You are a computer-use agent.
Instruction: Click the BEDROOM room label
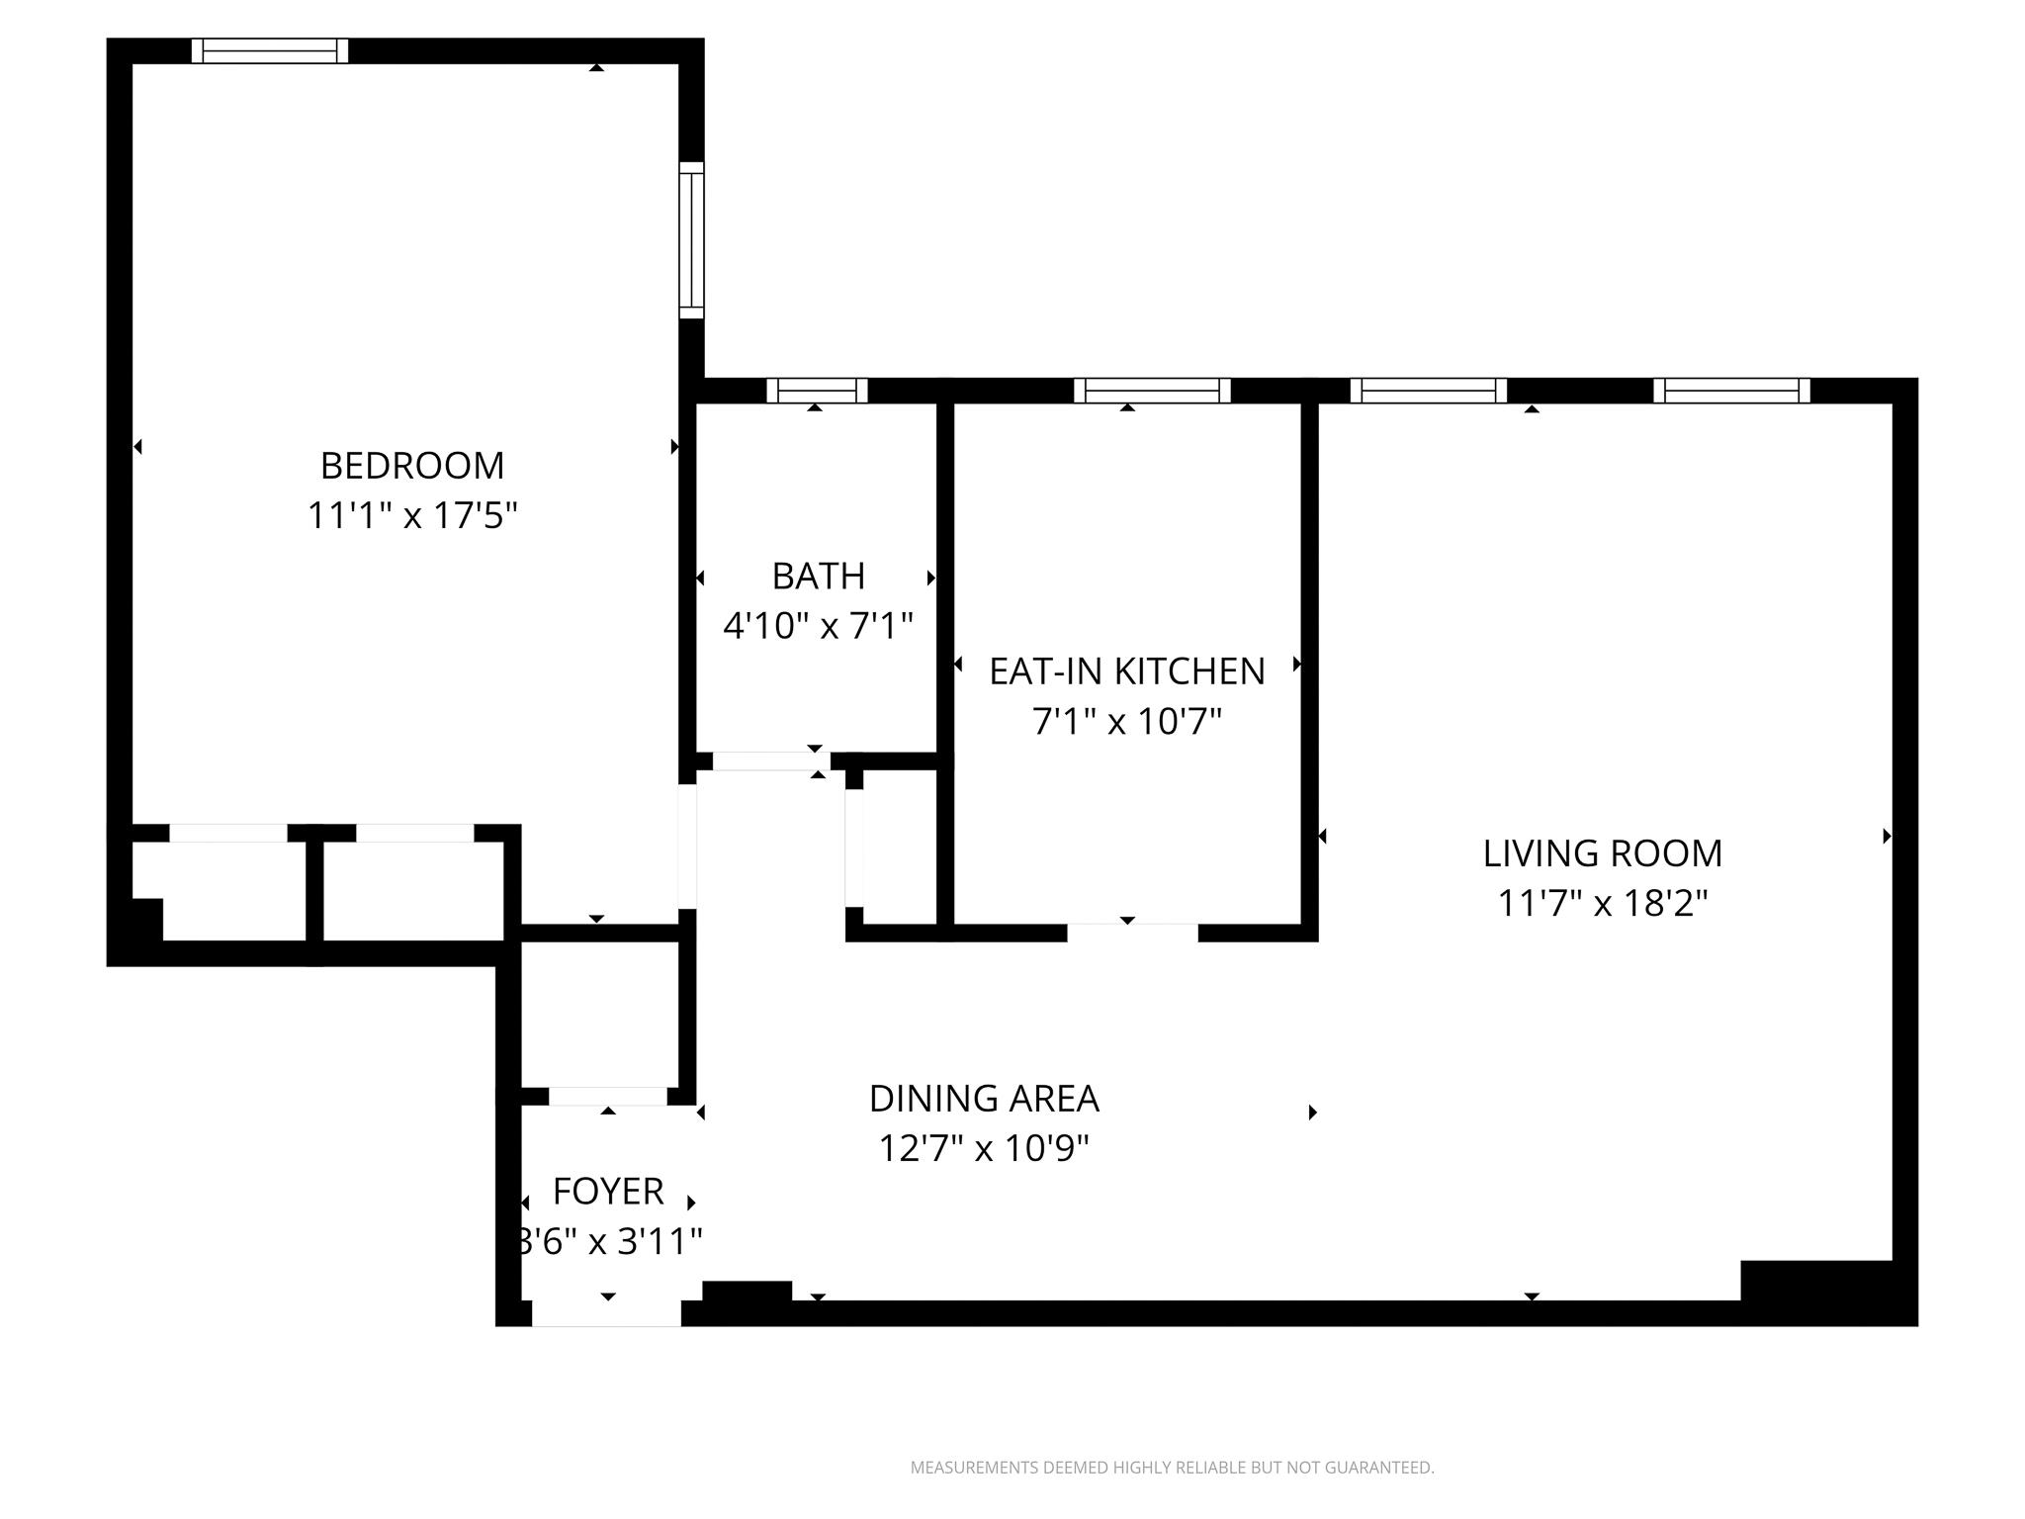[x=412, y=465]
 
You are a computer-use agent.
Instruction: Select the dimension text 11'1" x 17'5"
[x=412, y=516]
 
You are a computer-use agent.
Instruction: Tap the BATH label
[x=818, y=576]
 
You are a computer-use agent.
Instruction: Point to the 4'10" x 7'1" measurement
[x=818, y=626]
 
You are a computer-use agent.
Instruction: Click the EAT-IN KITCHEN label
[x=1126, y=671]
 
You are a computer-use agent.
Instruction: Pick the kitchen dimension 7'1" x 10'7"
[x=1126, y=722]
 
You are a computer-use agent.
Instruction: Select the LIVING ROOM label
[x=1602, y=853]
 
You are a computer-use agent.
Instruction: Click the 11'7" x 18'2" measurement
[x=1602, y=904]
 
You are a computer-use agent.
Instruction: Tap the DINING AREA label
[x=984, y=1099]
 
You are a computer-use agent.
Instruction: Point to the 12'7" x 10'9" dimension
[x=984, y=1149]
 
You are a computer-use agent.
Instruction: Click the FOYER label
[x=607, y=1192]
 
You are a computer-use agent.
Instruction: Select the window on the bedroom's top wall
[x=270, y=50]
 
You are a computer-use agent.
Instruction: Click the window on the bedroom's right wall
[x=691, y=240]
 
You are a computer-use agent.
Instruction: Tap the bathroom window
[x=817, y=391]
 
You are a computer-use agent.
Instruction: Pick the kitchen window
[x=1152, y=391]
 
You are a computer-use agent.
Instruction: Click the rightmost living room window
[x=1731, y=391]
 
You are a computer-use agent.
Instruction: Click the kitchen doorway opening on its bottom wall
[x=1132, y=932]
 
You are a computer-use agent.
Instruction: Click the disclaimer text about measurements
[x=1172, y=1468]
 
